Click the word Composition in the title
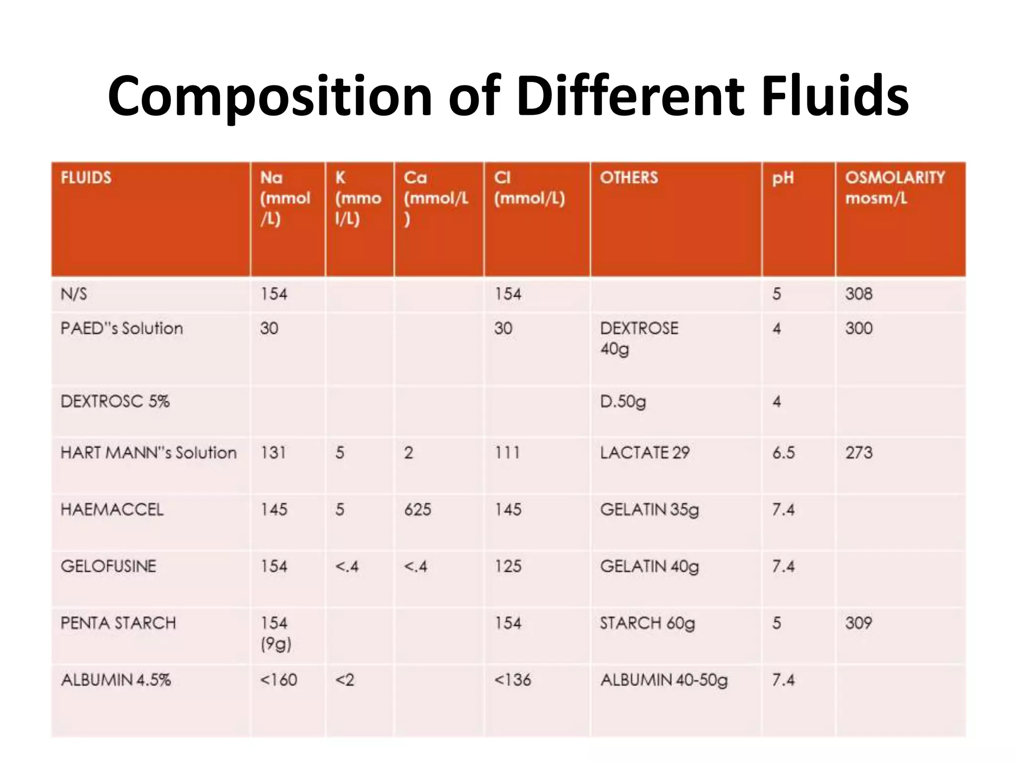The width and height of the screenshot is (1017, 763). [270, 97]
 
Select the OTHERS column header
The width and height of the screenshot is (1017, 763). [629, 177]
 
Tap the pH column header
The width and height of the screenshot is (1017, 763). [783, 178]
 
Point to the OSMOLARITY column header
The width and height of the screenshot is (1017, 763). [895, 177]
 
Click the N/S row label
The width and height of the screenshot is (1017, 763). [73, 294]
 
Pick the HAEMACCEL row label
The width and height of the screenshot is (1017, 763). [112, 509]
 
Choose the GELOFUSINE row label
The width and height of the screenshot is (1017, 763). [108, 566]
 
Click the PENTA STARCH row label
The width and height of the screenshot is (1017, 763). [118, 623]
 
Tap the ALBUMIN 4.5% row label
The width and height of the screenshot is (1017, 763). [116, 680]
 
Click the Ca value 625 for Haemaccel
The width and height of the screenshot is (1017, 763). [417, 509]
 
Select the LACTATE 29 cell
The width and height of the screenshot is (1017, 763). [645, 453]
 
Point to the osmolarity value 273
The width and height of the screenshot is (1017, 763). [859, 453]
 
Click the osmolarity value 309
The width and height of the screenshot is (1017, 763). [859, 623]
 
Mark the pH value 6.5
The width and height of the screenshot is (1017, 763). [783, 453]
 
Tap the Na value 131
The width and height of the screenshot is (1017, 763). [273, 453]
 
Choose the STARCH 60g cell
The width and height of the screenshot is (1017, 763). [647, 623]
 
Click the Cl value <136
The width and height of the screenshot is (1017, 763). [512, 680]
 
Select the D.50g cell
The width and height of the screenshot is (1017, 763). [623, 401]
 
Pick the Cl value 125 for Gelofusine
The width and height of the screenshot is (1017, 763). [508, 566]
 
